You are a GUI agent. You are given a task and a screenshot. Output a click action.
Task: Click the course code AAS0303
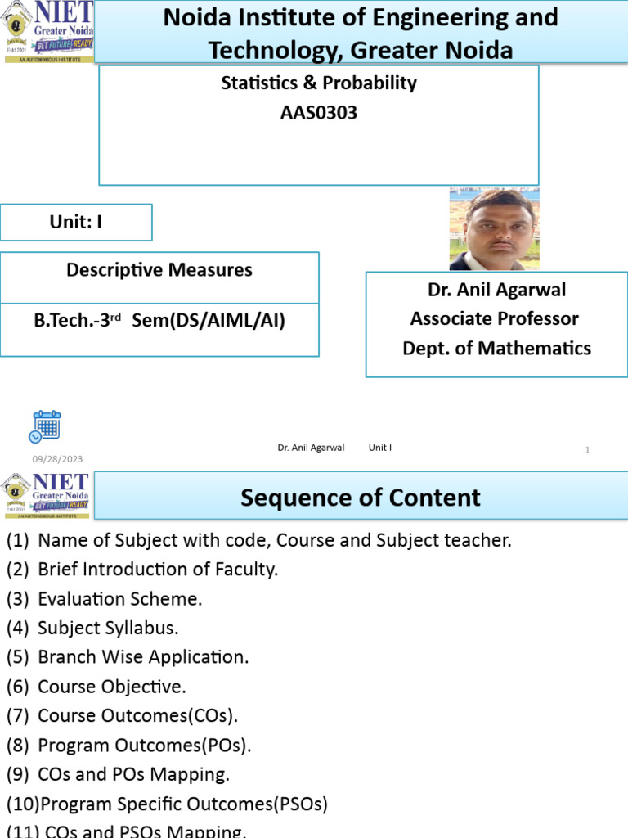click(x=319, y=113)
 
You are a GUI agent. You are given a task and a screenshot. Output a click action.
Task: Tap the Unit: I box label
click(x=76, y=222)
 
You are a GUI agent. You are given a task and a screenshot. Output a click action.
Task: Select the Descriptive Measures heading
click(x=159, y=270)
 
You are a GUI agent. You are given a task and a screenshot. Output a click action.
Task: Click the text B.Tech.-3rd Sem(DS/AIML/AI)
click(x=159, y=321)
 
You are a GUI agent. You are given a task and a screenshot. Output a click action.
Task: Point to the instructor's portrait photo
click(x=494, y=229)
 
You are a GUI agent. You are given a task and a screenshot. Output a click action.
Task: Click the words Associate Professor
click(x=495, y=318)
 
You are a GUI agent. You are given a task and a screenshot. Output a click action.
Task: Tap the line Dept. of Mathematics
click(x=496, y=348)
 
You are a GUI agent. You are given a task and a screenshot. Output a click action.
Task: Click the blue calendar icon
click(x=45, y=426)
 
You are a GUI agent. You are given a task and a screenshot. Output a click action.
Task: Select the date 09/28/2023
click(x=57, y=459)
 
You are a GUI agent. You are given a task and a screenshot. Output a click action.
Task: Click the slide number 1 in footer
click(x=587, y=449)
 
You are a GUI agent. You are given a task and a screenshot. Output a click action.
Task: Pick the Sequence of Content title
click(x=361, y=498)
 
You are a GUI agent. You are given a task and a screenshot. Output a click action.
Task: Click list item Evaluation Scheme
click(x=119, y=598)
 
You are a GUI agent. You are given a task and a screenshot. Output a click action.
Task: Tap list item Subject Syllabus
click(x=108, y=628)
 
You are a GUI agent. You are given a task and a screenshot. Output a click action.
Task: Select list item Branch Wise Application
click(x=143, y=656)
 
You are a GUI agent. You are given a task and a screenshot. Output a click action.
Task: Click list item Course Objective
click(x=112, y=686)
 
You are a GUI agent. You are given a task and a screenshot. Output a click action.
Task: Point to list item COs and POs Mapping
click(x=133, y=774)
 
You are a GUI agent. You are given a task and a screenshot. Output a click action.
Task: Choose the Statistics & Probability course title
click(x=319, y=83)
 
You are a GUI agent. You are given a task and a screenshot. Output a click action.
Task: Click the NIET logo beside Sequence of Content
click(x=47, y=494)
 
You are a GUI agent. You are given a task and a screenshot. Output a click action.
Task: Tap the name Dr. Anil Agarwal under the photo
click(x=496, y=289)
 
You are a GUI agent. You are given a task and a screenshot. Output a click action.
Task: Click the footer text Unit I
click(x=380, y=448)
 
